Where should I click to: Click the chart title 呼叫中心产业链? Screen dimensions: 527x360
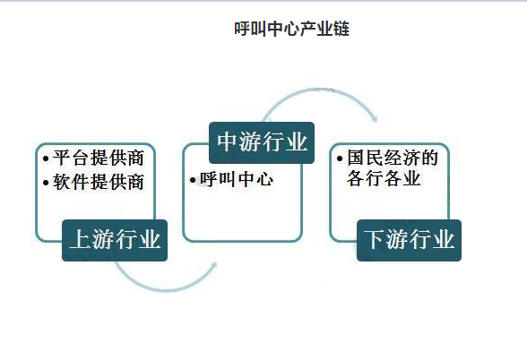click(x=292, y=29)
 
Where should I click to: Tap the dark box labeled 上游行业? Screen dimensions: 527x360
click(x=115, y=240)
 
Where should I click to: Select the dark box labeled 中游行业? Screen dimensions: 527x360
click(x=262, y=142)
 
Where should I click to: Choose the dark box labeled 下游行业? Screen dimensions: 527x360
click(x=409, y=240)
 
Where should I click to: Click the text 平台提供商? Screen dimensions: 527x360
click(x=99, y=158)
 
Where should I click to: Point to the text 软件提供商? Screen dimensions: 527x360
click(x=99, y=182)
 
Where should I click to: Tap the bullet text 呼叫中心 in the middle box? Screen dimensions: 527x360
click(x=237, y=180)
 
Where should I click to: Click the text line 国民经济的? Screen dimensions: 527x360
click(x=393, y=158)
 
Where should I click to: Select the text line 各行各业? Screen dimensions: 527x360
click(x=384, y=178)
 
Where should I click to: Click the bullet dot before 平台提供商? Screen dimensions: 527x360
click(x=46, y=159)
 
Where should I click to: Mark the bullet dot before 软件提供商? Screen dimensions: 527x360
click(x=46, y=183)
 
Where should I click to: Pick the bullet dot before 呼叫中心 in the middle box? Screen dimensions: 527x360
click(x=193, y=180)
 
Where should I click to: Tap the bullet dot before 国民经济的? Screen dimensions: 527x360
click(x=340, y=159)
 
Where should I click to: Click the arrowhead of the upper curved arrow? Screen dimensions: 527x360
click(x=375, y=117)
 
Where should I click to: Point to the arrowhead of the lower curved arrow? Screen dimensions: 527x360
click(x=213, y=265)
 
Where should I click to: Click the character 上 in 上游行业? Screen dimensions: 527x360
click(x=81, y=240)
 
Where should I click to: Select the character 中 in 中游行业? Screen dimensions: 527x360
click(x=228, y=141)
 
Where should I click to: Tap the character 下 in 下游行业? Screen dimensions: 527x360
click(x=375, y=240)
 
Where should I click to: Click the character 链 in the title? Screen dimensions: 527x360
click(x=341, y=29)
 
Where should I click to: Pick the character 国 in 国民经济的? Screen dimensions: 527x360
click(x=356, y=158)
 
